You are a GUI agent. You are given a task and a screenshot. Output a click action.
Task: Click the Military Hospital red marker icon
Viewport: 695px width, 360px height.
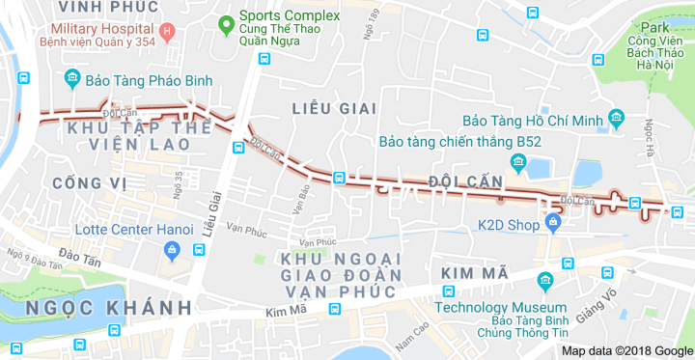pyautogui.click(x=167, y=32)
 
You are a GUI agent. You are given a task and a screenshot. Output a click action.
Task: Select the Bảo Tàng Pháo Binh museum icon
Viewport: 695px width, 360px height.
pyautogui.click(x=70, y=78)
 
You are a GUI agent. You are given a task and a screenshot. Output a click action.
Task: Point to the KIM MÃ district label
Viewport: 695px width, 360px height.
pyautogui.click(x=474, y=274)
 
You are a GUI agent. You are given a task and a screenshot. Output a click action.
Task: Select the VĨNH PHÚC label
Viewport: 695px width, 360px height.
pyautogui.click(x=94, y=7)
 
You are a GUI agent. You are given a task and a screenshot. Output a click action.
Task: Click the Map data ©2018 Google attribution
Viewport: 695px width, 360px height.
pyautogui.click(x=627, y=351)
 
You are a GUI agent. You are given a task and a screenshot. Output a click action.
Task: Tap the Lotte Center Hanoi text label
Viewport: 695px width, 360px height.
pyautogui.click(x=119, y=232)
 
